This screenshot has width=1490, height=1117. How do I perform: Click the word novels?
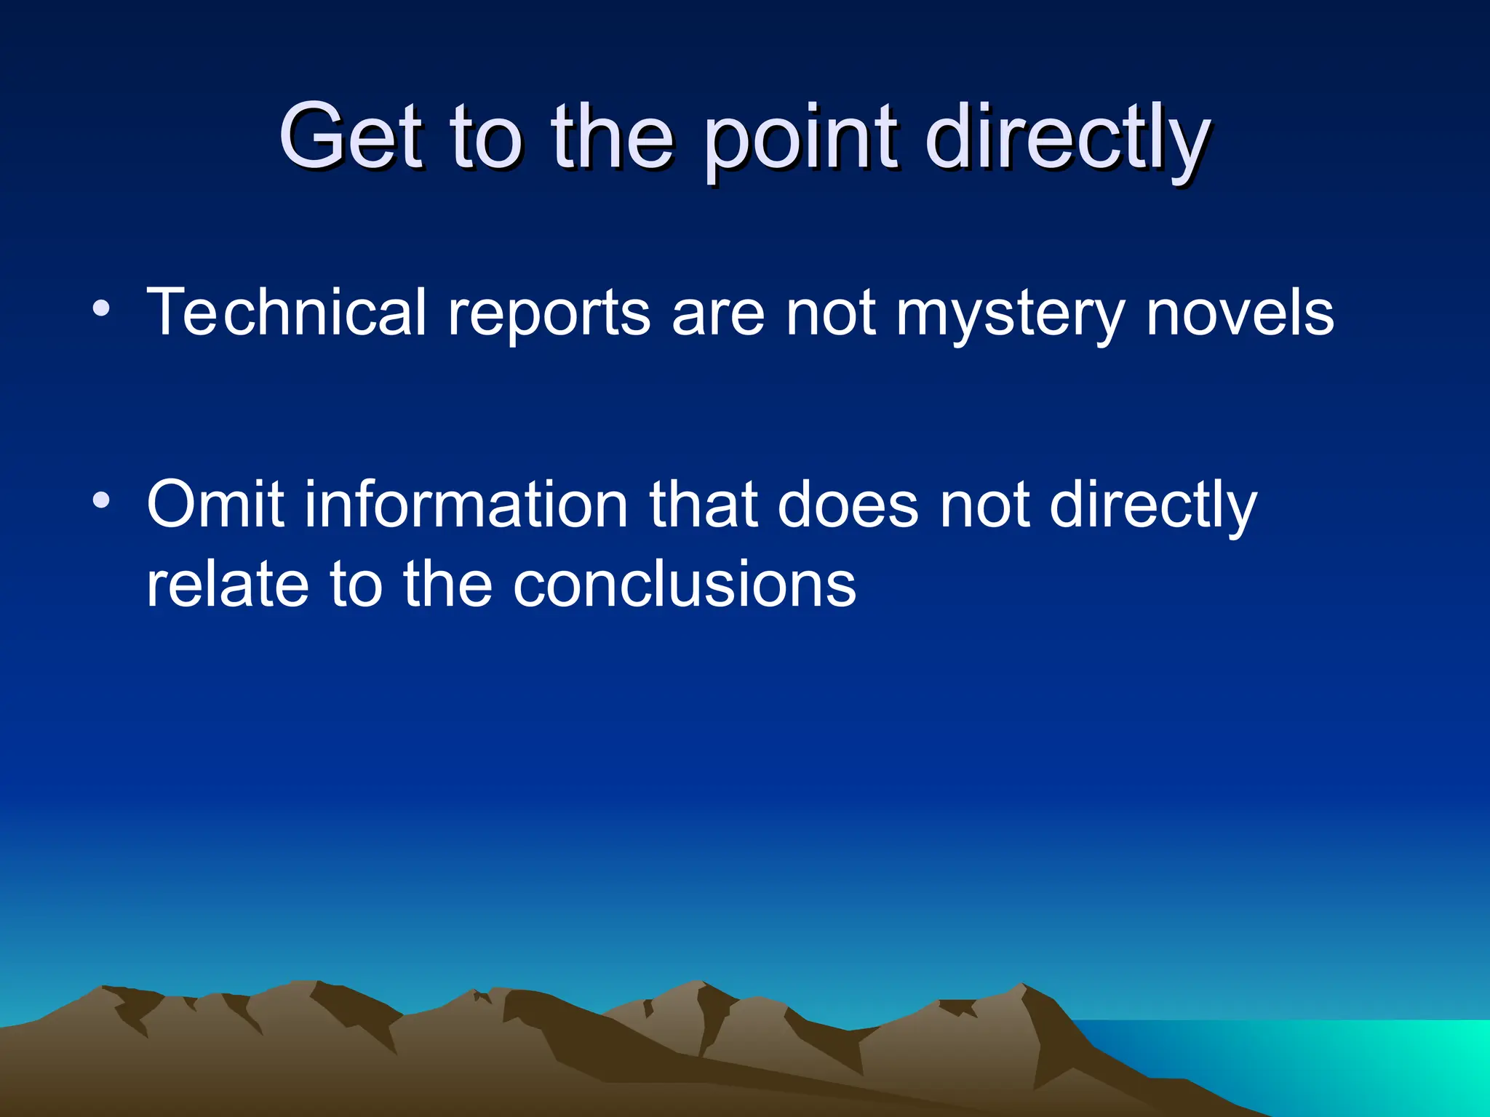1240,313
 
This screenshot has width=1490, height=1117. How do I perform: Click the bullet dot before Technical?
102,309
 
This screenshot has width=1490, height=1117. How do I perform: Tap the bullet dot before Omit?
102,500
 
